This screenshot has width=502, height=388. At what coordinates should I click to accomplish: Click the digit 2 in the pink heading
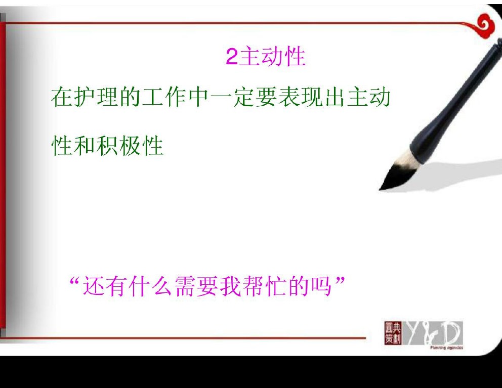coord(232,57)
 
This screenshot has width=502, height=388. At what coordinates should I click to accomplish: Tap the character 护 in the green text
coord(85,97)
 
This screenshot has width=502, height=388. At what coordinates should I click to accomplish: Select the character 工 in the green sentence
coord(153,97)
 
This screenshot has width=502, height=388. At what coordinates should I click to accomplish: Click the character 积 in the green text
coord(107,146)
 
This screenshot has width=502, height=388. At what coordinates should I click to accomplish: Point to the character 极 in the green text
coord(130,146)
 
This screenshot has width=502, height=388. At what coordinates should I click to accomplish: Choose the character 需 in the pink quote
coord(185,286)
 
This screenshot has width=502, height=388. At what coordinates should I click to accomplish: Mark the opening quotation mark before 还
coord(74,281)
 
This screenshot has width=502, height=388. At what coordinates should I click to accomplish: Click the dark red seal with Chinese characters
coord(393,333)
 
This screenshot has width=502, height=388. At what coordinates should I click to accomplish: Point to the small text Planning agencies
coord(447,348)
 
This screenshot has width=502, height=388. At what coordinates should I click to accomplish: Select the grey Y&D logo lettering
coord(432,333)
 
